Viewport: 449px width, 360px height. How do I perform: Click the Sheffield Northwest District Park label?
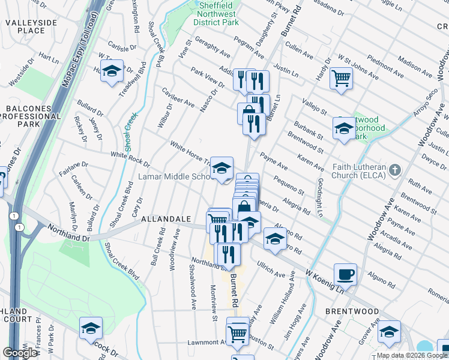tap(215, 14)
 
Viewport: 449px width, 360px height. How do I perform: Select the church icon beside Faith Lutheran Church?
tap(394, 170)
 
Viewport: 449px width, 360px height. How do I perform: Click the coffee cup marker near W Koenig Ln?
tap(345, 275)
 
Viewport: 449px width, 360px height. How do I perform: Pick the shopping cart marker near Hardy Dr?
tap(341, 77)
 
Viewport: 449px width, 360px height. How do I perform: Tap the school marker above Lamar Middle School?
tap(221, 168)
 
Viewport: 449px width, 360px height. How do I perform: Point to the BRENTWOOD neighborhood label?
tap(352, 311)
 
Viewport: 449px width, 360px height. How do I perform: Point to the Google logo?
tap(20, 353)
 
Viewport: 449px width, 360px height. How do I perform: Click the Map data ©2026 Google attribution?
tap(412, 355)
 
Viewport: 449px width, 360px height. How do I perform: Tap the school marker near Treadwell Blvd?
tap(112, 71)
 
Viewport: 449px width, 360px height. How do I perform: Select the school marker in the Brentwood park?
tap(344, 128)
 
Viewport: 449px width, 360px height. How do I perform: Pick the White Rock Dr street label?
tap(130, 158)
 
